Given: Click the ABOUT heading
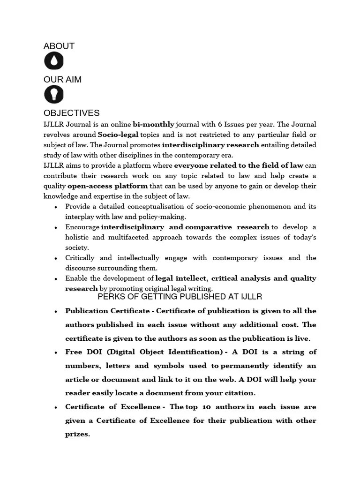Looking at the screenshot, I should pyautogui.click(x=59, y=46).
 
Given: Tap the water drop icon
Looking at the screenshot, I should pyautogui.click(x=54, y=61).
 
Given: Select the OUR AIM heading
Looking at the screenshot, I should pyautogui.click(x=62, y=80).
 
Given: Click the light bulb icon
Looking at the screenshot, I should pyautogui.click(x=54, y=95).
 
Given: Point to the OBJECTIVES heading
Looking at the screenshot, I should pyautogui.click(x=71, y=113).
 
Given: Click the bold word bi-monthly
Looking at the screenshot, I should pyautogui.click(x=153, y=125).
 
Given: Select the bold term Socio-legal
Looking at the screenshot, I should pyautogui.click(x=118, y=135).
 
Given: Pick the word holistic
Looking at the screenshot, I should pyautogui.click(x=77, y=237).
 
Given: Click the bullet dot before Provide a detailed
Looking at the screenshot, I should pyautogui.click(x=56, y=207).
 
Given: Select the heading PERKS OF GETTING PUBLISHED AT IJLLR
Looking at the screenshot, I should pyautogui.click(x=180, y=297).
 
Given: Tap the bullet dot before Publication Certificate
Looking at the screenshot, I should pyautogui.click(x=56, y=311).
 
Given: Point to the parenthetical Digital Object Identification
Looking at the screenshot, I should pyautogui.click(x=160, y=352).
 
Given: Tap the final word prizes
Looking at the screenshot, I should pyautogui.click(x=77, y=434).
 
